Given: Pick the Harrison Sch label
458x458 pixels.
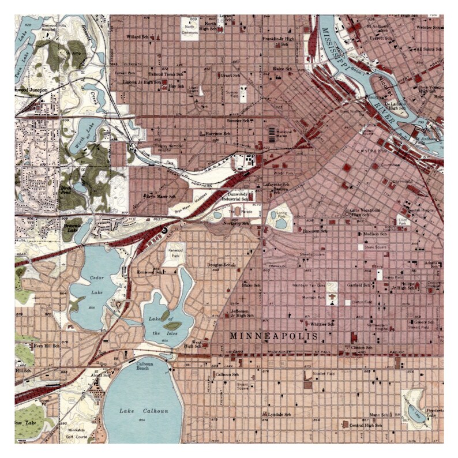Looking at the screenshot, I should [x=218, y=133].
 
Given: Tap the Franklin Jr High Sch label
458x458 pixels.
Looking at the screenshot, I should [x=279, y=39].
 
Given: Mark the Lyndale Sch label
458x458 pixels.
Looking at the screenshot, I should [x=279, y=414].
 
